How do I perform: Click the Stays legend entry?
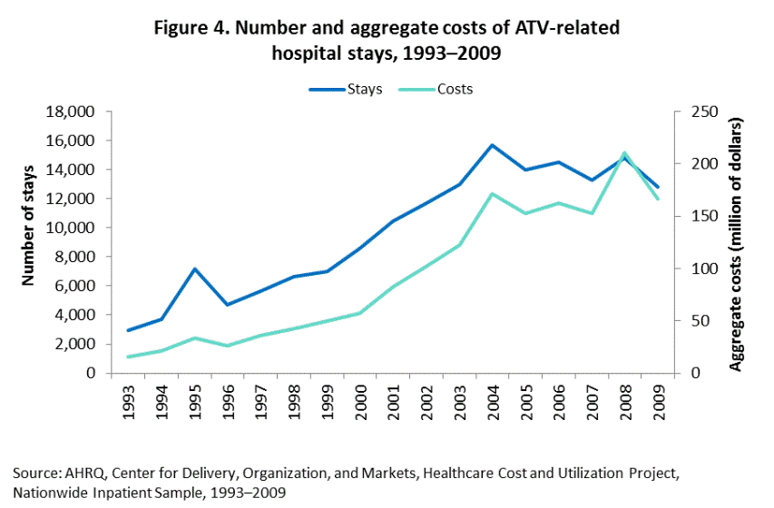(344, 89)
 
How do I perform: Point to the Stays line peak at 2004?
(492, 145)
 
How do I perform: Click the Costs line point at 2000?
(362, 313)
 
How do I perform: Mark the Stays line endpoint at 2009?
(658, 187)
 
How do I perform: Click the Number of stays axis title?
(29, 225)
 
